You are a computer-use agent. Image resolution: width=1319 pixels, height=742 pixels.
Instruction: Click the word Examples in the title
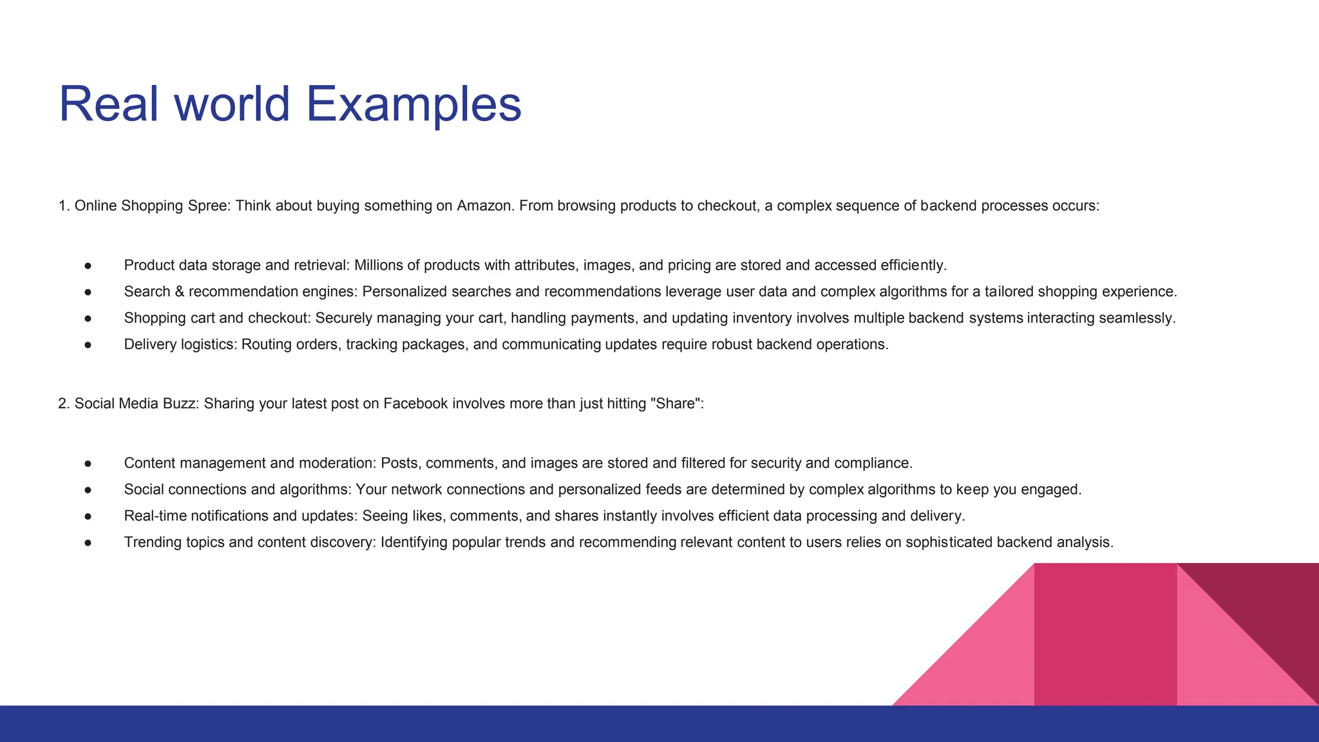click(413, 104)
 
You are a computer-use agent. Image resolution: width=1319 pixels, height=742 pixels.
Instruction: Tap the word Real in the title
click(108, 104)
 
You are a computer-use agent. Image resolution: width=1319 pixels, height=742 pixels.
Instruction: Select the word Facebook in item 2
click(415, 404)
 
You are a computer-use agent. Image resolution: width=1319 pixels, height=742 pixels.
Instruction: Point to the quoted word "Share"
click(676, 404)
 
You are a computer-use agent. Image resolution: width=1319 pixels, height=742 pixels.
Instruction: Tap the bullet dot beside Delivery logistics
click(88, 345)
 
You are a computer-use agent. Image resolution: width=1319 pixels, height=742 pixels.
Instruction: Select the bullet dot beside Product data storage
click(88, 266)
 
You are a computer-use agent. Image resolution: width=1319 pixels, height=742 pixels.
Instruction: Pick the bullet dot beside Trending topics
click(88, 543)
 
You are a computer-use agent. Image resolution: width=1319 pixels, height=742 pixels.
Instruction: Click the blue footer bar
click(451, 724)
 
